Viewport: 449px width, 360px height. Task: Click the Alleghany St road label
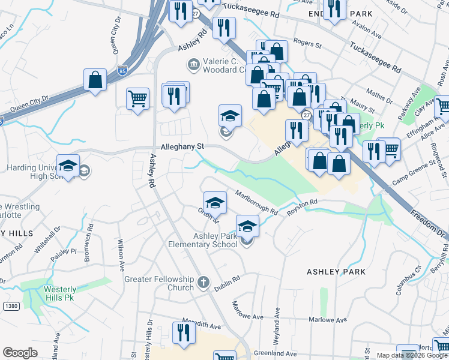tap(182, 146)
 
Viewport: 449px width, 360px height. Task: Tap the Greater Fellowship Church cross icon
tap(203, 281)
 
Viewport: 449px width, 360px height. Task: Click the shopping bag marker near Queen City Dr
tap(95, 80)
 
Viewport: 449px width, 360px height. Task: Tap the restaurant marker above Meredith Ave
tap(184, 332)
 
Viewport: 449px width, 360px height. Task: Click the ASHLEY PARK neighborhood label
tap(336, 272)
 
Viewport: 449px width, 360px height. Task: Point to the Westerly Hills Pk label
tap(60, 293)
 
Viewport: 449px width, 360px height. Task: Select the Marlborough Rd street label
tap(256, 203)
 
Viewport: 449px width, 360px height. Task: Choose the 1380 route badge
tap(10, 306)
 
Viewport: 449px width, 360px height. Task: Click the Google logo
tap(20, 352)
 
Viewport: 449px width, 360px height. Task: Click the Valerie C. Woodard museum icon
tap(193, 63)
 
